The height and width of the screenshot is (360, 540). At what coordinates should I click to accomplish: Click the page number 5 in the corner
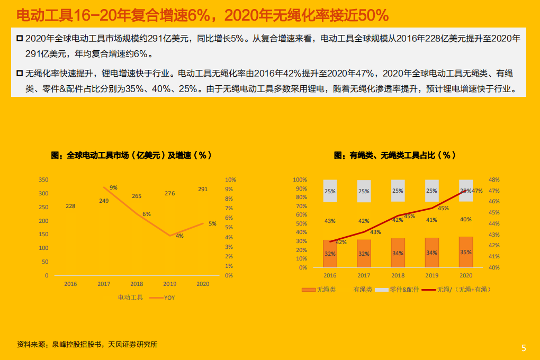point(524,348)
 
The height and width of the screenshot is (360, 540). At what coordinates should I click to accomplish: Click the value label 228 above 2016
point(70,206)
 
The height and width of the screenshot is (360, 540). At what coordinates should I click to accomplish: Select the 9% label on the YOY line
point(113,188)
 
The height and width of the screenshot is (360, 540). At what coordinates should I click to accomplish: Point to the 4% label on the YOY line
point(179,236)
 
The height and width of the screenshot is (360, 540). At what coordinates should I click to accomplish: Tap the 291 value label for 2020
point(203,189)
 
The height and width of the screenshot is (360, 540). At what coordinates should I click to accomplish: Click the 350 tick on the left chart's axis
point(43,180)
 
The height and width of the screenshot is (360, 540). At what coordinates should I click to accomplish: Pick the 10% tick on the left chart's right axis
point(231,180)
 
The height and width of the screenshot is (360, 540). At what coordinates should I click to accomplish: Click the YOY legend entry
point(169,298)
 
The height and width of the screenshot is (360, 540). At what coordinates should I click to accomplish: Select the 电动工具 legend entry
point(130,298)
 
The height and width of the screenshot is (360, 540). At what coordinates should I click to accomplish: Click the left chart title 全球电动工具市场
point(131,155)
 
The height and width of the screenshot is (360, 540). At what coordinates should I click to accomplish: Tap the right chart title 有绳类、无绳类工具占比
point(394,155)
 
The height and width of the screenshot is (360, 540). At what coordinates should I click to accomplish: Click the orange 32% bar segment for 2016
point(330,254)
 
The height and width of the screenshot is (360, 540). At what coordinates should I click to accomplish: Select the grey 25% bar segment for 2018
point(398,191)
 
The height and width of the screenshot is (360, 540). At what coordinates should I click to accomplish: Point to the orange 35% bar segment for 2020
point(465,252)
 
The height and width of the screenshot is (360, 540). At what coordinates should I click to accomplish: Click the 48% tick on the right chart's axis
point(493,180)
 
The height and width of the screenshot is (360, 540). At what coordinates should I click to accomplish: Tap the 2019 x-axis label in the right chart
point(431,275)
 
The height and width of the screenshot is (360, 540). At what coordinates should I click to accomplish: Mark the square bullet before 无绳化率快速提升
point(19,73)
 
